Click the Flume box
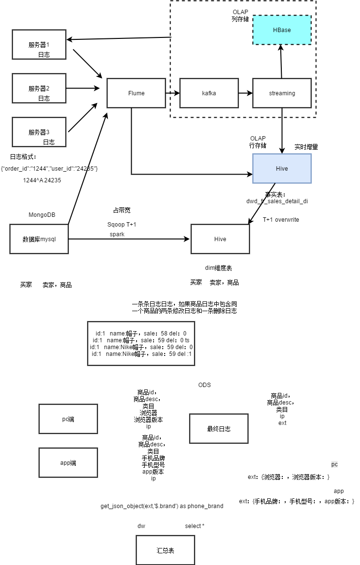pos(136,93)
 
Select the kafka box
pos(209,93)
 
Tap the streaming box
pos(282,93)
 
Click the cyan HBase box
pos(282,30)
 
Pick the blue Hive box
pos(282,168)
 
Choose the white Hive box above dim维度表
pos(220,239)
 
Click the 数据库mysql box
pos(39,239)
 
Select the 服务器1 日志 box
pos(39,45)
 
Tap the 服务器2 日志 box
pos(39,88)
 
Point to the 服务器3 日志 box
pos(39,132)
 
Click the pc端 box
pos(68,419)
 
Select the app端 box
pos(68,463)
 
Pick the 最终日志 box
pos(219,429)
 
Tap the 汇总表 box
pos(165,550)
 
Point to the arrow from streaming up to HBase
pos(282,61)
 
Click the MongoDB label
pos(42,214)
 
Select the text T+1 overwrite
pos(281,220)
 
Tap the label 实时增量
pos(306,146)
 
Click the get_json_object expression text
pos(162,506)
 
